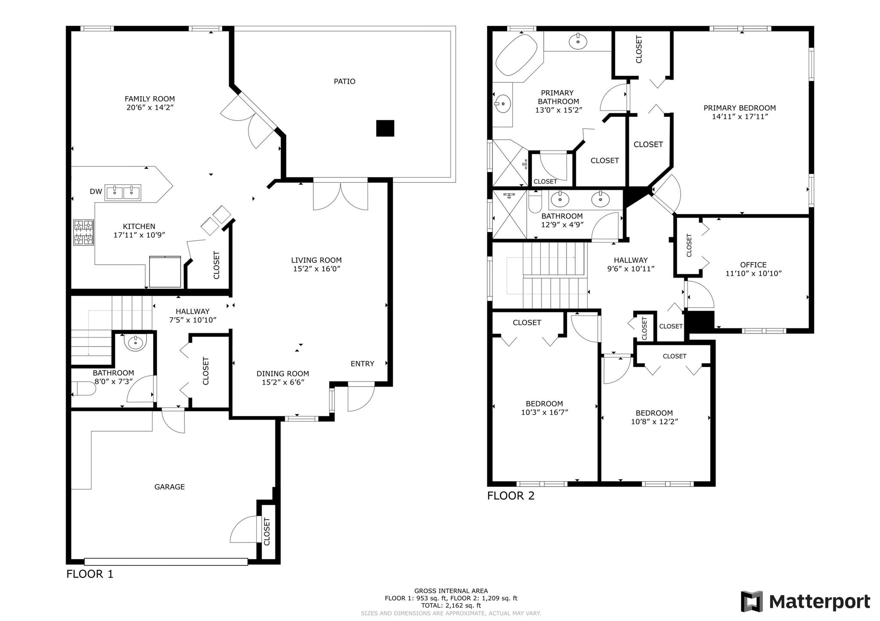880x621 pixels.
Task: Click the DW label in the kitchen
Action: pos(96,191)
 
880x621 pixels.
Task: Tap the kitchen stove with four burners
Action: pos(84,232)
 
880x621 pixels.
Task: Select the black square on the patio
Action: pos(385,128)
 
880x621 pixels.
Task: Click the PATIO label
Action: pos(345,81)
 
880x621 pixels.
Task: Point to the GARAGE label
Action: pos(170,487)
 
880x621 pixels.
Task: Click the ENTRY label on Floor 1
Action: pos(362,364)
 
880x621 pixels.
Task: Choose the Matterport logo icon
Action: pos(752,601)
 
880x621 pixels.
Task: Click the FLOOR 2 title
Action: pos(511,496)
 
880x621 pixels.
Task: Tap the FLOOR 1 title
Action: pos(90,574)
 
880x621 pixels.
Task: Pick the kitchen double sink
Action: pos(123,192)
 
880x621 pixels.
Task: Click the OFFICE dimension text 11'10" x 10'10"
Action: pos(753,273)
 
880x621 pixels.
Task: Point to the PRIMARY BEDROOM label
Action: pos(739,108)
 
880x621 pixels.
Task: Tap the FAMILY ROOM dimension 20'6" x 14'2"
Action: pos(150,107)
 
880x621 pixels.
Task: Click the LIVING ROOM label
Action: pos(316,260)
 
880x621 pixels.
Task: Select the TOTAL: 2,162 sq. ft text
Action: pos(451,606)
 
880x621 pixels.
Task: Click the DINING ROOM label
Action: pos(283,373)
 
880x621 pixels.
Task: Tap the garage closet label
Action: pos(267,532)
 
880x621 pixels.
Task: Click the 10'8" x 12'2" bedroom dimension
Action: pos(654,421)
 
